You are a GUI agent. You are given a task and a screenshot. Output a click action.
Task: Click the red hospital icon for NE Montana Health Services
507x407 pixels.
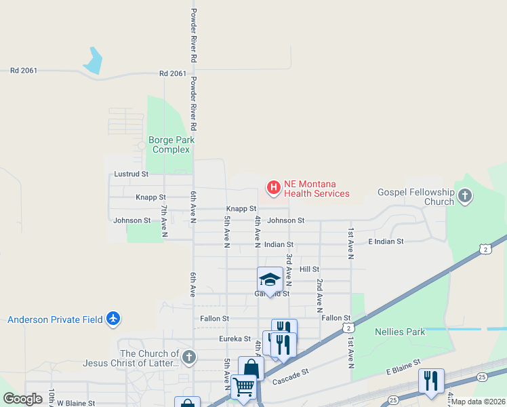[x=274, y=187]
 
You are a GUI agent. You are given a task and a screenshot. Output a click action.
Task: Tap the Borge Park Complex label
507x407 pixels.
[x=171, y=144]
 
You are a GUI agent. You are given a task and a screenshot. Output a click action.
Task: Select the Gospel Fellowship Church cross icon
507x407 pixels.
[x=464, y=197]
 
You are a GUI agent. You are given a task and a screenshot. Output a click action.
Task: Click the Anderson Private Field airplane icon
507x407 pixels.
[x=113, y=318]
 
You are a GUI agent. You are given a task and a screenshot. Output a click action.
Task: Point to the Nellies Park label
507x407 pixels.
[x=400, y=332]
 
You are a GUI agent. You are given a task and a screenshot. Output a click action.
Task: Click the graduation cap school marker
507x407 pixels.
[x=270, y=279]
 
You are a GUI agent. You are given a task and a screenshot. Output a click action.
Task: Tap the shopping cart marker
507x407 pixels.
[x=243, y=387]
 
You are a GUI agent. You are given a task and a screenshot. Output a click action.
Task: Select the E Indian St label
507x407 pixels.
[x=386, y=241]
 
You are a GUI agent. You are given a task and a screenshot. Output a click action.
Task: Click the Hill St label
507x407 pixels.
[x=309, y=269]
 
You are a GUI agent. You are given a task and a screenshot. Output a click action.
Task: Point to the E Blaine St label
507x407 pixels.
[x=404, y=371]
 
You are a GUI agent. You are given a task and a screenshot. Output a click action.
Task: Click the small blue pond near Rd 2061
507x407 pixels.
[x=94, y=60]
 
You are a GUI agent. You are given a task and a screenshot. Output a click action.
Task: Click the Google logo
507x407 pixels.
[x=22, y=399]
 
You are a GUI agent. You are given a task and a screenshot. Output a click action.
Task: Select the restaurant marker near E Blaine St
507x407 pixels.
[x=431, y=381]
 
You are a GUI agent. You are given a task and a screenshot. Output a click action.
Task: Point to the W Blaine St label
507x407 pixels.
[x=76, y=403]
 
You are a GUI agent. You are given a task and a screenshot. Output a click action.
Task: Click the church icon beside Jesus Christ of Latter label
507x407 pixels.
[x=189, y=357]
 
